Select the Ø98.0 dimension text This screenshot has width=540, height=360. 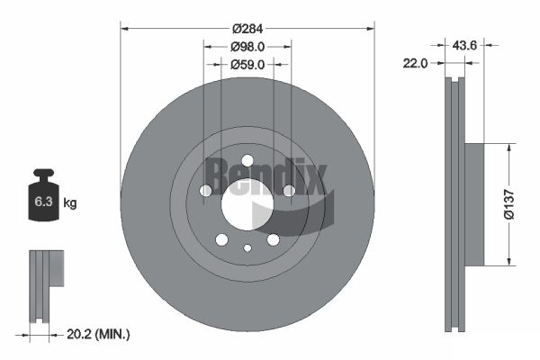247,45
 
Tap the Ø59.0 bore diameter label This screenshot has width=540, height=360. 247,64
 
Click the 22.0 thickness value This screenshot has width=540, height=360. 415,63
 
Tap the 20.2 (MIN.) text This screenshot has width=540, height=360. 99,334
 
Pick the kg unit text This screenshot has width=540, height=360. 69,203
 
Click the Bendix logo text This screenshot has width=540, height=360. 263,175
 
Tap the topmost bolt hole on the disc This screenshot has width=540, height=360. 247,160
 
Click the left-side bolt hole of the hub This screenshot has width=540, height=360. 206,191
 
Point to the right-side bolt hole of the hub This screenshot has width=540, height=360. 289,191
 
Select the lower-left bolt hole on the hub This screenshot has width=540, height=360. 221,239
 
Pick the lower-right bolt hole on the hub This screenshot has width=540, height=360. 273,239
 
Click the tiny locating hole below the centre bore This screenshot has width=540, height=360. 247,248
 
